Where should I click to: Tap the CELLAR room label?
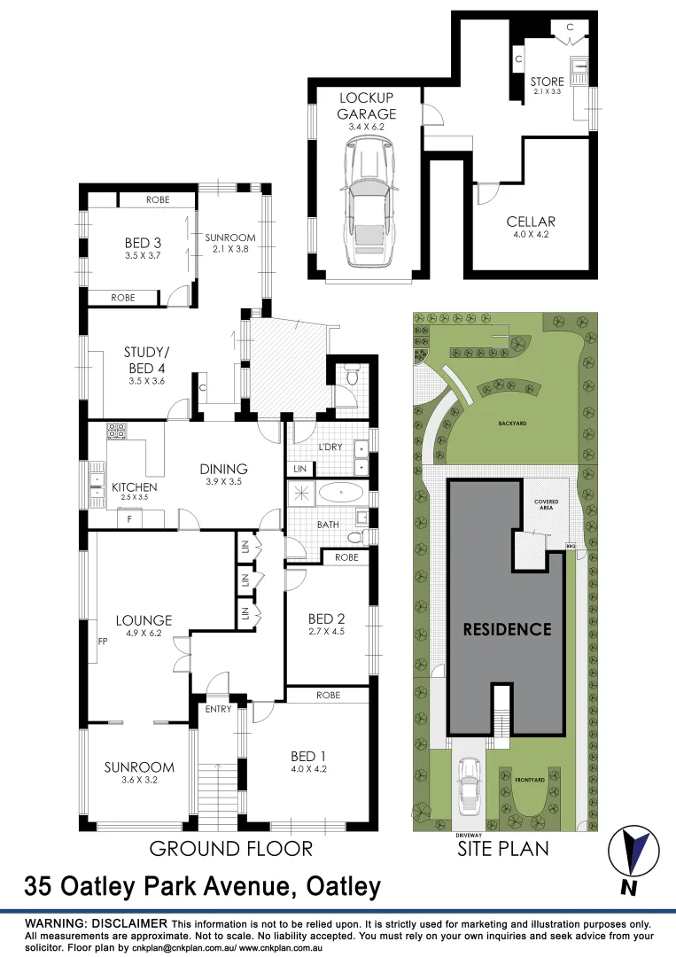click(x=531, y=222)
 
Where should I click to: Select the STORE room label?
click(x=548, y=82)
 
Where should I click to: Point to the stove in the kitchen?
click(x=116, y=432)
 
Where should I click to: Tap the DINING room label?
click(x=222, y=469)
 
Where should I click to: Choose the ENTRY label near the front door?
click(x=218, y=709)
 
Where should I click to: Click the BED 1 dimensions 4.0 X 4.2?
click(x=309, y=769)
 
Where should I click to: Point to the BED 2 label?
click(x=326, y=619)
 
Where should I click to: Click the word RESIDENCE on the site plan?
click(x=508, y=629)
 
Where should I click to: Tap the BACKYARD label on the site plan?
click(x=511, y=424)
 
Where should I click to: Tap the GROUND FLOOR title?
click(x=230, y=849)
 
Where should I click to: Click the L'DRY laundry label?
click(x=330, y=447)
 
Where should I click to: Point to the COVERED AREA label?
click(x=546, y=504)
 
